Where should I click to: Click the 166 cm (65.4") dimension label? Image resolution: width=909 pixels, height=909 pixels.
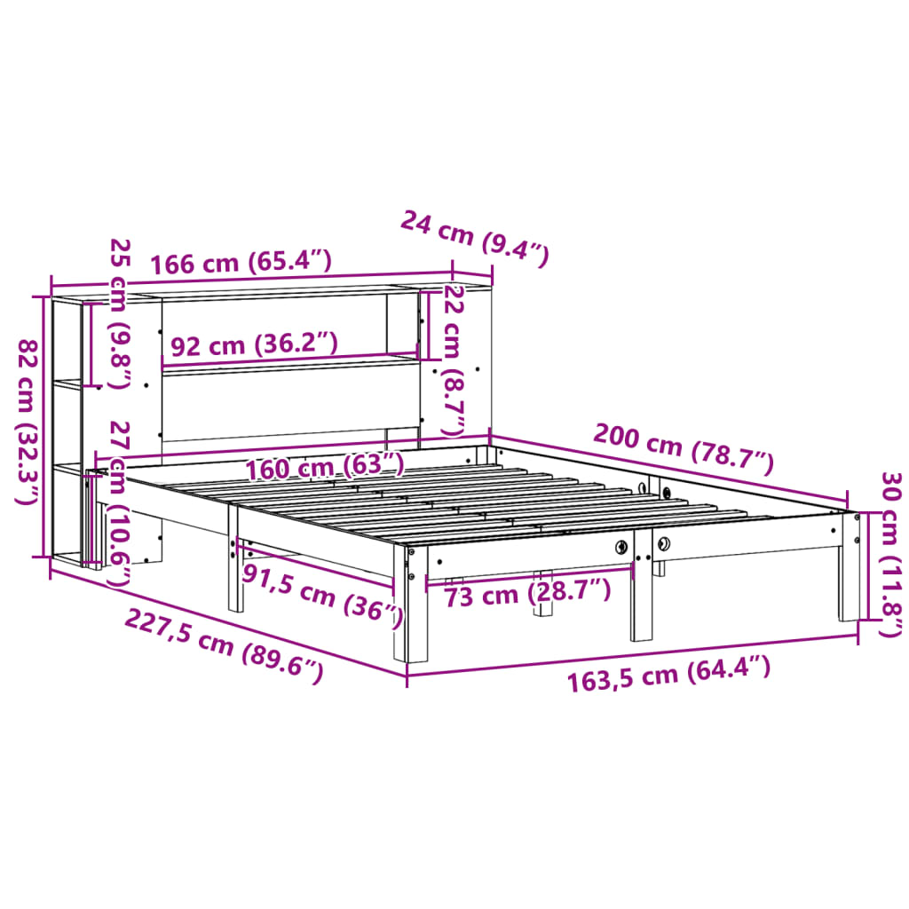coord(241,263)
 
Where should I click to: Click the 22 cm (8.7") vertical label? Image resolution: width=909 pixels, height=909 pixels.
coord(453,360)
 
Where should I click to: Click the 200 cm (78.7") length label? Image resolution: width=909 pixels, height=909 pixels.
coord(684,447)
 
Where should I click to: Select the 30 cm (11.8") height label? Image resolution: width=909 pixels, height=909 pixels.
coord(889,555)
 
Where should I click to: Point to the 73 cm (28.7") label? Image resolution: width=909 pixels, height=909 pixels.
coord(527,592)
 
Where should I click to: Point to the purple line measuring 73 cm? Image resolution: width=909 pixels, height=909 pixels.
coord(529,575)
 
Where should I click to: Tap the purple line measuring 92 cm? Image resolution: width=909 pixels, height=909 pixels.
coord(289,360)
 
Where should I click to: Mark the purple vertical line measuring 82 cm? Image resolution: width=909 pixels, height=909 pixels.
coord(44,426)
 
